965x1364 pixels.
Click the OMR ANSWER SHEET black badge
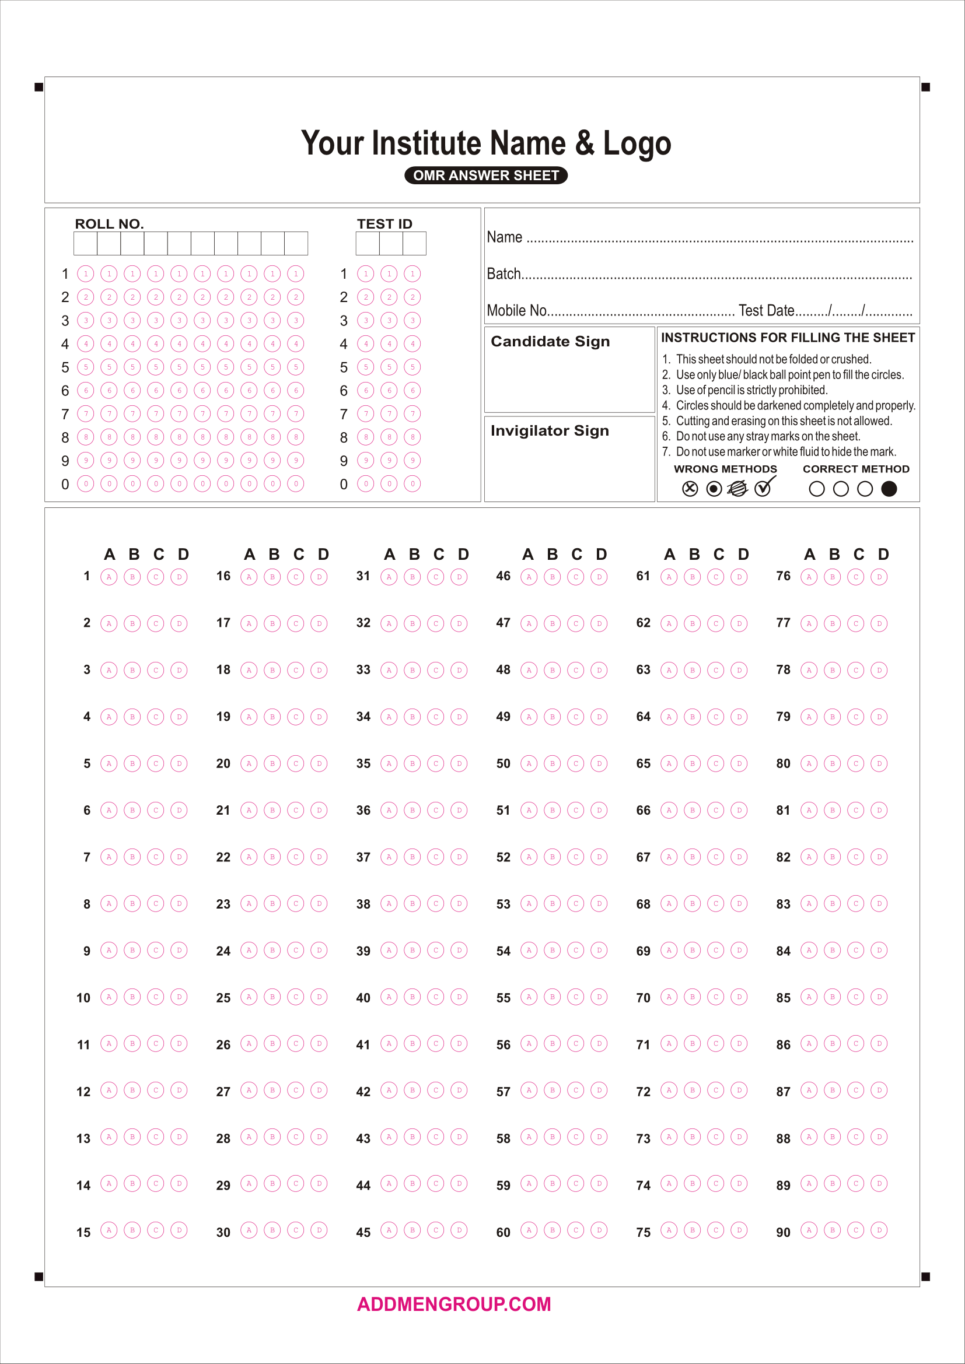pyautogui.click(x=485, y=176)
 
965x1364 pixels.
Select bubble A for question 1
pyautogui.click(x=109, y=576)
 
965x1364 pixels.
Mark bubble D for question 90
pyautogui.click(x=879, y=1230)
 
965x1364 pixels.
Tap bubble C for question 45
pyautogui.click(x=436, y=1230)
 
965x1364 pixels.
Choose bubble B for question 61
pyautogui.click(x=693, y=576)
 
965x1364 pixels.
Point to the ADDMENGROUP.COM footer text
pyautogui.click(x=454, y=1304)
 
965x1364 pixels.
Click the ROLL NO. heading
pyautogui.click(x=109, y=224)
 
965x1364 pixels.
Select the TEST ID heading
pyautogui.click(x=384, y=224)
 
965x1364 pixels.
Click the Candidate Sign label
pyautogui.click(x=550, y=341)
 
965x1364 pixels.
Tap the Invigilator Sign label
pyautogui.click(x=550, y=430)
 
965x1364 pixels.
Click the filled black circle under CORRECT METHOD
pyautogui.click(x=889, y=488)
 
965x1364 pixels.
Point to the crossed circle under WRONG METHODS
pyautogui.click(x=689, y=488)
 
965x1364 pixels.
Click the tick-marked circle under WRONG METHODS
pyautogui.click(x=763, y=488)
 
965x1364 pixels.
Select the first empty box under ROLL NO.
pyautogui.click(x=86, y=244)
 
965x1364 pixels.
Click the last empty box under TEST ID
pyautogui.click(x=414, y=244)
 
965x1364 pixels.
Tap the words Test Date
pyautogui.click(x=766, y=310)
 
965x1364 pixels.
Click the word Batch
pyautogui.click(x=504, y=273)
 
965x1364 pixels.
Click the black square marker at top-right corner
pyautogui.click(x=925, y=87)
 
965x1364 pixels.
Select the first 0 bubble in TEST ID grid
pyautogui.click(x=365, y=483)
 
